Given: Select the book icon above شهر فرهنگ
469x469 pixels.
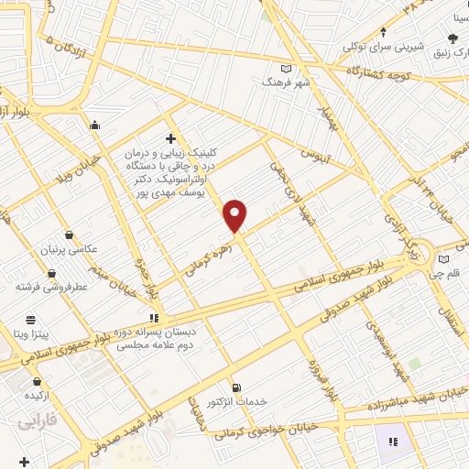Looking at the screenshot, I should tap(286, 68).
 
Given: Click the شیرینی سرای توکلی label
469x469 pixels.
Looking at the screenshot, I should tap(380, 45).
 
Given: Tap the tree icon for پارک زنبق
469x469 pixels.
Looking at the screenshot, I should tap(453, 38).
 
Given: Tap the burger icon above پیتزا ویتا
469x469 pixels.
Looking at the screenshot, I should tap(31, 320).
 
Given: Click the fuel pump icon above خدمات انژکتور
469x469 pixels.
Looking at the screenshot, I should tap(236, 388).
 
